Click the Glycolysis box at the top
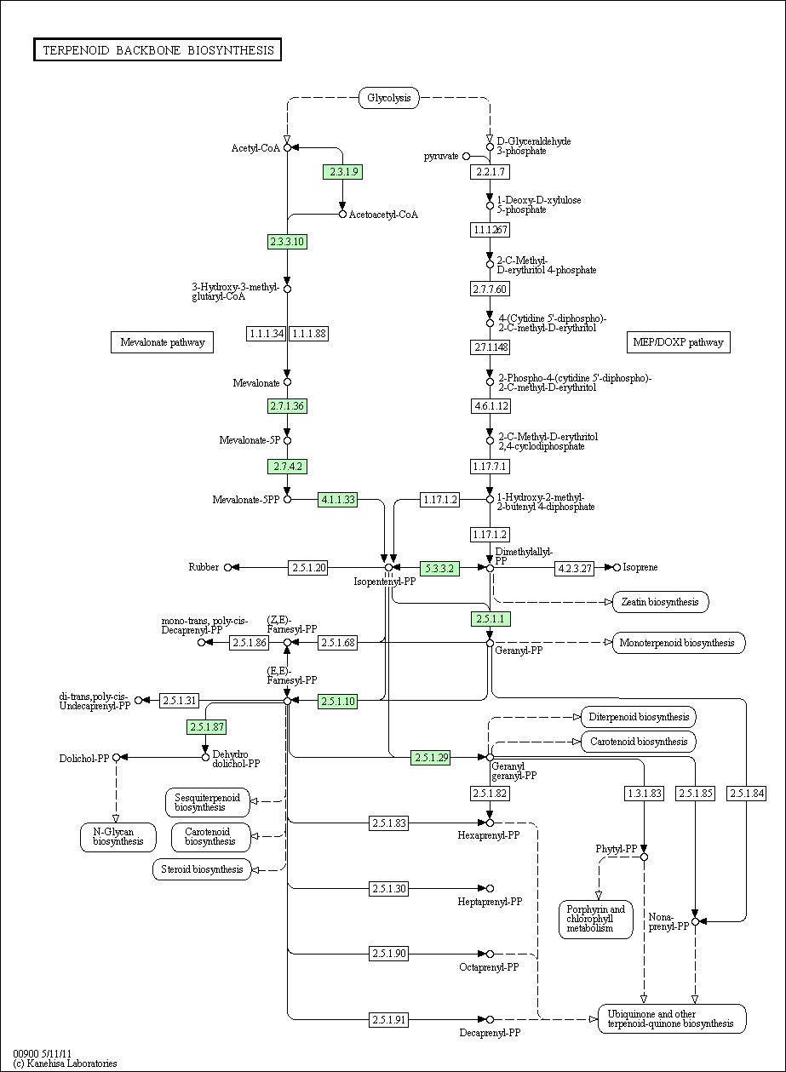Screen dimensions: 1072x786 pos(389,98)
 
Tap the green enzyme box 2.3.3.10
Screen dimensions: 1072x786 pos(287,242)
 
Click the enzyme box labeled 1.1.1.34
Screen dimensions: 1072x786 pos(266,334)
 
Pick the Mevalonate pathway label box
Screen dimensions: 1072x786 pos(162,342)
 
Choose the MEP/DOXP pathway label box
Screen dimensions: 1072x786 pos(679,342)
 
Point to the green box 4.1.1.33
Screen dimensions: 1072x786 pos(337,500)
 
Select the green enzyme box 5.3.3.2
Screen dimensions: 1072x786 pos(439,568)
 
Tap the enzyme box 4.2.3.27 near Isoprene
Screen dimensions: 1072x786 pos(574,568)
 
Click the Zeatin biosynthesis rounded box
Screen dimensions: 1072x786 pos(660,602)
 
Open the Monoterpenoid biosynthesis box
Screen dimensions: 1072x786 pos(678,643)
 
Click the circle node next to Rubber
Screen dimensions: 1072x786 pos(227,568)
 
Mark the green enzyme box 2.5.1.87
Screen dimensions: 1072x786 pos(207,727)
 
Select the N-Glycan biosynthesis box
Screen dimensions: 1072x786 pos(118,837)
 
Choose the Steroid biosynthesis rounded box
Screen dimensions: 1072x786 pos(202,869)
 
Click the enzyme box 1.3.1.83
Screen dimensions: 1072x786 pos(644,794)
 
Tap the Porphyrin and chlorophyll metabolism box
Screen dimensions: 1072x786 pos(596,919)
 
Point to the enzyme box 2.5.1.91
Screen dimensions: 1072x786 pos(389,1019)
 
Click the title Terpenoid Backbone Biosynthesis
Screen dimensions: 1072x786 pos(158,50)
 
